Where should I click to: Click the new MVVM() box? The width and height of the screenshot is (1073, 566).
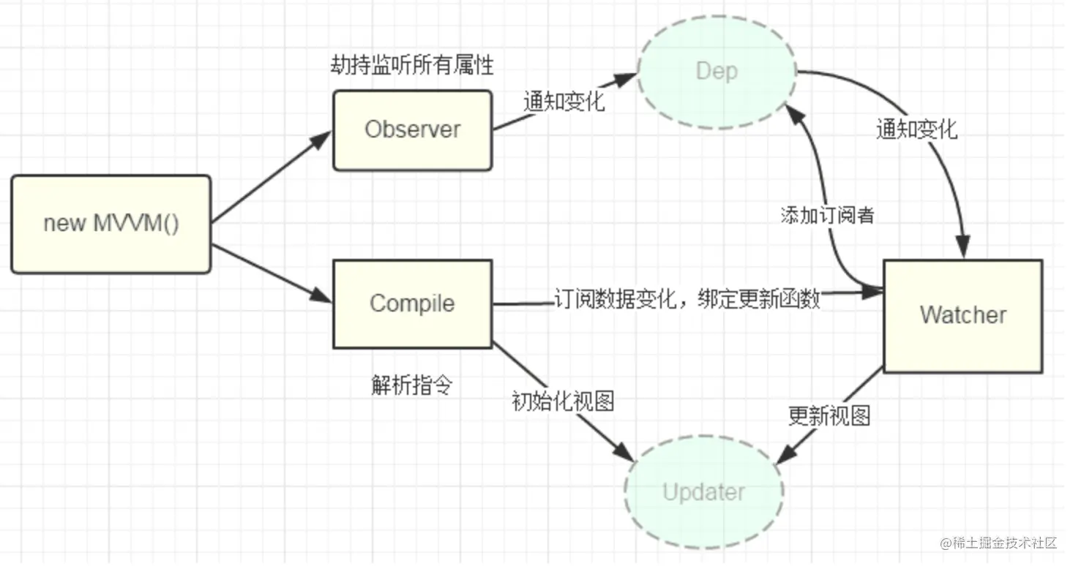click(111, 224)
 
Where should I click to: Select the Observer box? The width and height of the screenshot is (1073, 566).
click(413, 130)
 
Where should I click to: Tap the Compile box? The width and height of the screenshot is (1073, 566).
click(413, 303)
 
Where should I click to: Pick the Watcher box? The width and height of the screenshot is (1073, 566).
click(962, 315)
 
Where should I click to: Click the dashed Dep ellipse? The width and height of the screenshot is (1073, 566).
click(717, 72)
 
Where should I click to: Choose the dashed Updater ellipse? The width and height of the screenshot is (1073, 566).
click(703, 492)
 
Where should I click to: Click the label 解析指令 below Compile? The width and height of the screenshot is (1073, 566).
click(412, 385)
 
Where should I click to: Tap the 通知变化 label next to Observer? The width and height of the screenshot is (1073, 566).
click(564, 101)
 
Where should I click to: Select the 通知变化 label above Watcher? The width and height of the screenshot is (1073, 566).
click(916, 129)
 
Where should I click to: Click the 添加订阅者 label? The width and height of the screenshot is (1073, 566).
click(827, 216)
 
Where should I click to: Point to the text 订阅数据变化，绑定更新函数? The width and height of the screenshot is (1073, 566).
click(687, 300)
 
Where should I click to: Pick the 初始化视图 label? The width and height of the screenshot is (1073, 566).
click(562, 401)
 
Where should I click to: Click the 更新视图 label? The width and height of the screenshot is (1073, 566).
click(829, 416)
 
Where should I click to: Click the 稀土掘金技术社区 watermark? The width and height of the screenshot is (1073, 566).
click(998, 543)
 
